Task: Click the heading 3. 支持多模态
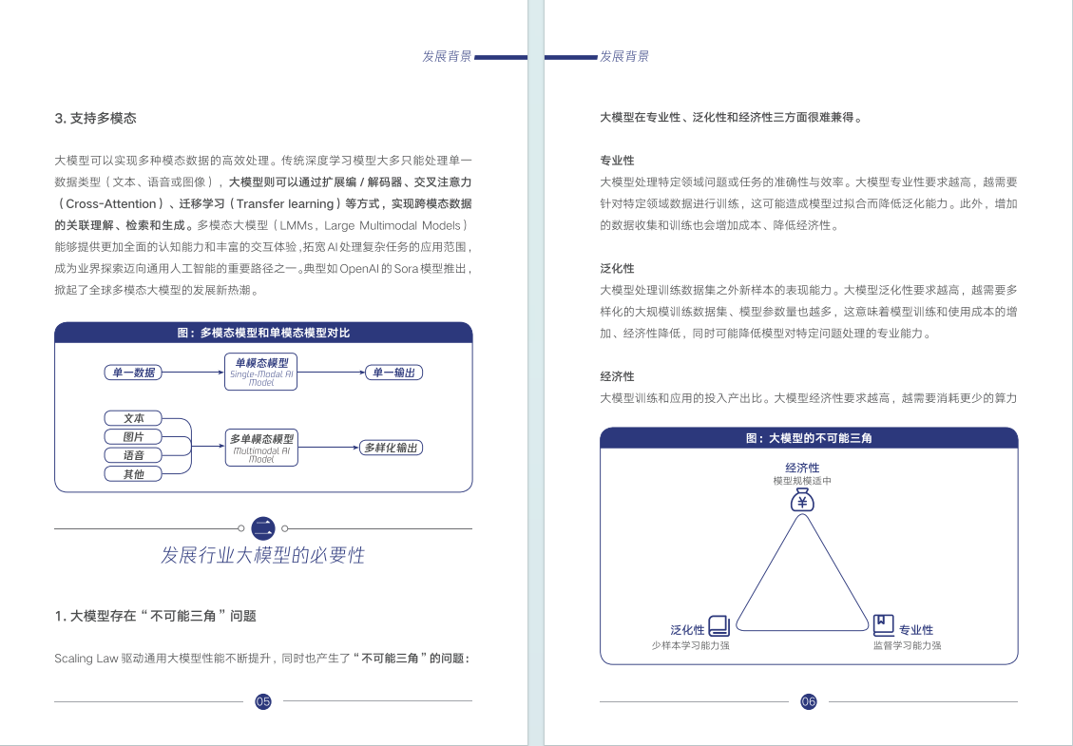(96, 119)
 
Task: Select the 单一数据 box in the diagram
(133, 373)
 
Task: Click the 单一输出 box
(393, 373)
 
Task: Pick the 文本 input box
(133, 418)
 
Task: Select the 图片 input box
(133, 436)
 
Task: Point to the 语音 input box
(133, 455)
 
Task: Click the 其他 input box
(133, 473)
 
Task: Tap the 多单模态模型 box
(261, 447)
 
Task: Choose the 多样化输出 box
(390, 448)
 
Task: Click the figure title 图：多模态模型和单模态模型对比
(263, 333)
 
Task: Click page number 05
(263, 701)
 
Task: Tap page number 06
(809, 701)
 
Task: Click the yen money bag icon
(803, 501)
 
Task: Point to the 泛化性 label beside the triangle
(687, 629)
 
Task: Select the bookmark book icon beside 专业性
(884, 624)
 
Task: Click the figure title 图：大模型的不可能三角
(809, 438)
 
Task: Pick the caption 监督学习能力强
(907, 645)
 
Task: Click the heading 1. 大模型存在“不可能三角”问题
(156, 616)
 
